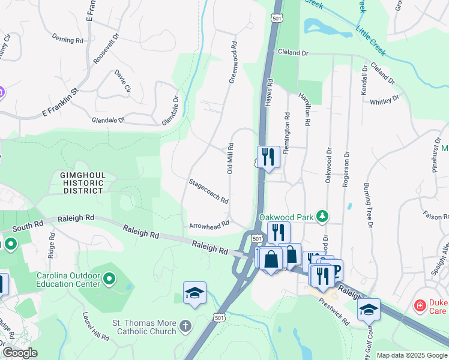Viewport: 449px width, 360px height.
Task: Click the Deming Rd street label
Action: point(67,40)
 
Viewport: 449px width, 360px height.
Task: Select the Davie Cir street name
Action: point(123,81)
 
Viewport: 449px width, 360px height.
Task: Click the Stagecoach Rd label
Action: point(208,191)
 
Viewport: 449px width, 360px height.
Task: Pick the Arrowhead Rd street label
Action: point(209,225)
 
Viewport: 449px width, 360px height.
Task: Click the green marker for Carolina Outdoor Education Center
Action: point(109,278)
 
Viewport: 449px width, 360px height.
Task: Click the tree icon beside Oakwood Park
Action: point(323,215)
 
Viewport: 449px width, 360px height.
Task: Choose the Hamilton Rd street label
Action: point(307,112)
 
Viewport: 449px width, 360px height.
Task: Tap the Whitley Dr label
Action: point(384,100)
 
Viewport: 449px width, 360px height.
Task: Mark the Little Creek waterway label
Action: point(372,38)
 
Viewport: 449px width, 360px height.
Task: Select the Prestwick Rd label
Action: point(339,313)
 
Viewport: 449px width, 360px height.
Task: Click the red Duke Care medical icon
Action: point(420,306)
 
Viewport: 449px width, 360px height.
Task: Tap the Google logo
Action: point(20,353)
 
